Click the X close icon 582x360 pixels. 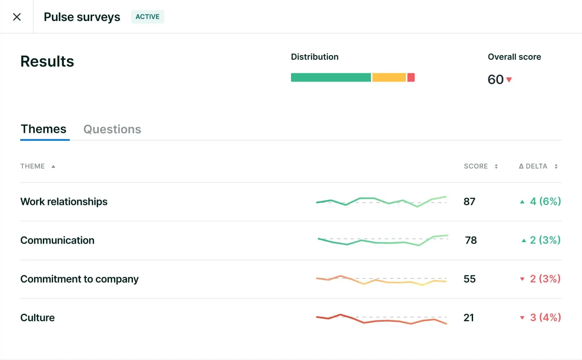[x=17, y=17]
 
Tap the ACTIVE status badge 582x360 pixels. [x=148, y=17]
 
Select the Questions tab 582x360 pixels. [x=112, y=129]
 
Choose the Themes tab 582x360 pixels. [x=44, y=129]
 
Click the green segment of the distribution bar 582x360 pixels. [x=331, y=77]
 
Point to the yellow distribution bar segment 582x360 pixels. [x=389, y=77]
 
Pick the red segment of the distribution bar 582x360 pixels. [x=411, y=77]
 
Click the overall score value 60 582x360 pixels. [x=496, y=79]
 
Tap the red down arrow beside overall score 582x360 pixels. [x=509, y=79]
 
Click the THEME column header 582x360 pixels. [x=33, y=166]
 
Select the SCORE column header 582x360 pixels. [x=476, y=166]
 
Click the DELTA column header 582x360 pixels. [x=533, y=166]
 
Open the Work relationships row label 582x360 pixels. [x=64, y=201]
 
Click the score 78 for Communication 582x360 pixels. [x=471, y=240]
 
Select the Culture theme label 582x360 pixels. [x=37, y=318]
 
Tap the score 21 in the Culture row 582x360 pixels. [x=469, y=318]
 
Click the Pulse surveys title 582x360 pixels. [x=82, y=17]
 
